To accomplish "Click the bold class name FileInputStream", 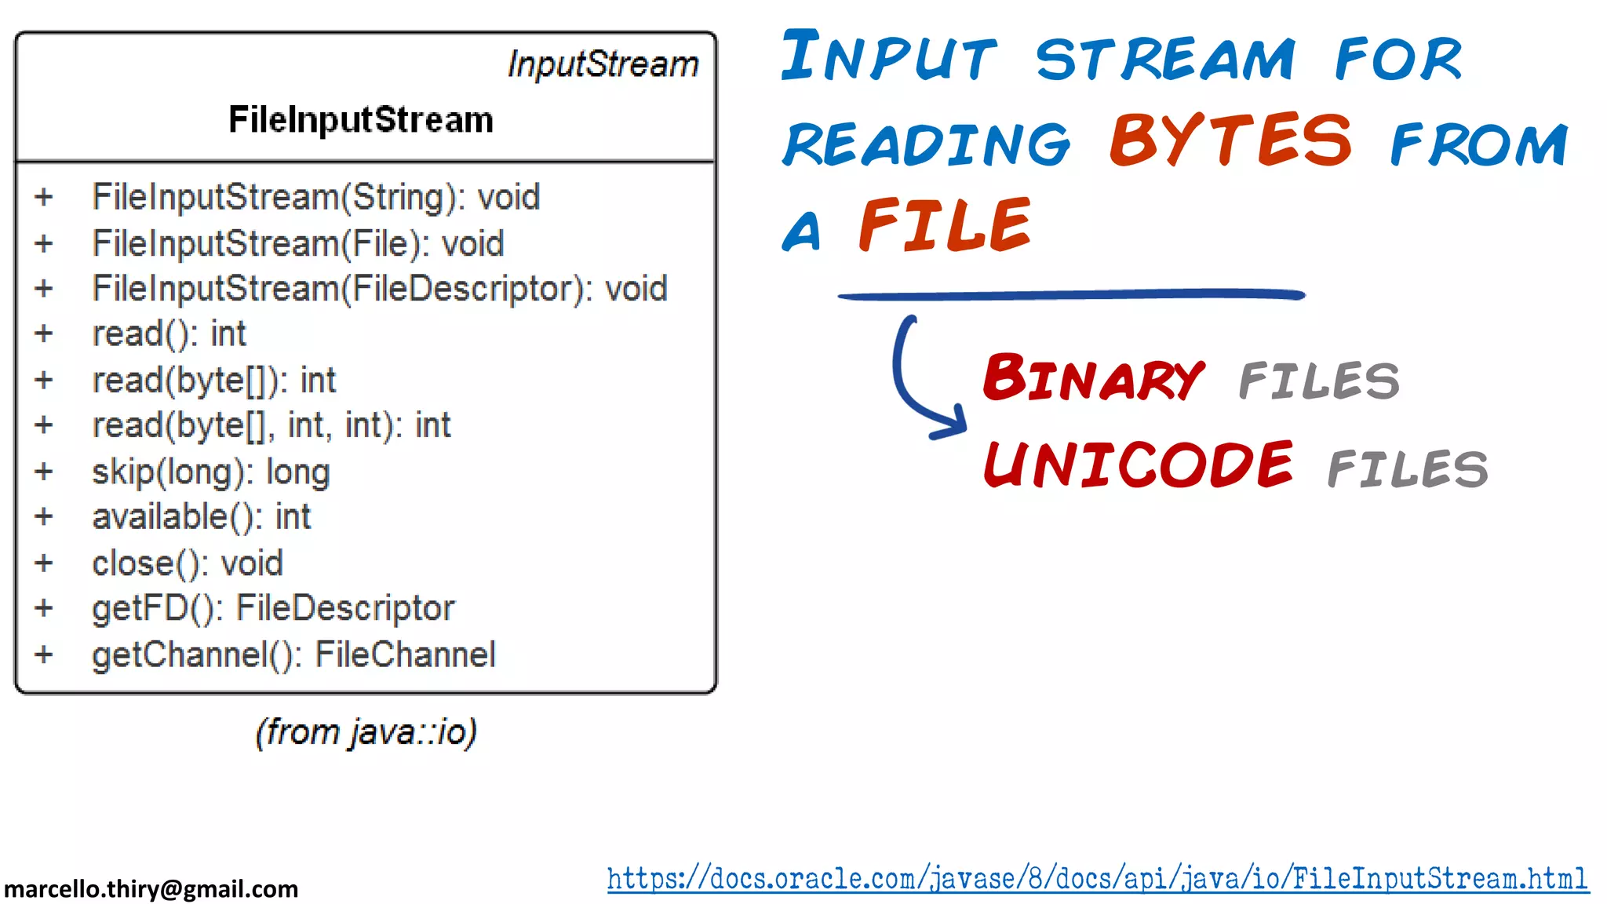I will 361,120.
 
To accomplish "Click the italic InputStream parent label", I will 603,64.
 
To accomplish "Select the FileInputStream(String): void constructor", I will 315,197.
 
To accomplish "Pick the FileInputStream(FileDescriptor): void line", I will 380,289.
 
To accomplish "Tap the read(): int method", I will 169,334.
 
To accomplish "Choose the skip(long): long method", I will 210,472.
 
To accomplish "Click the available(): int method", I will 202,517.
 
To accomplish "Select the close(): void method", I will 187,563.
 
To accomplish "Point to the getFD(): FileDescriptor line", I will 273,609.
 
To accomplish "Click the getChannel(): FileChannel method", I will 293,654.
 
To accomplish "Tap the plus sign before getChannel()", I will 44,654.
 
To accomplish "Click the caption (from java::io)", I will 366,732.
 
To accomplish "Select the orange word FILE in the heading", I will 944,226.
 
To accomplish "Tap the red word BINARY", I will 1093,378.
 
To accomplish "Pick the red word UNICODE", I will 1138,465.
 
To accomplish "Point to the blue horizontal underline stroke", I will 1071,295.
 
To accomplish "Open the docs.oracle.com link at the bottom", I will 1097,879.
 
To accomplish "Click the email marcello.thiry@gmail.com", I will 151,888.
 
